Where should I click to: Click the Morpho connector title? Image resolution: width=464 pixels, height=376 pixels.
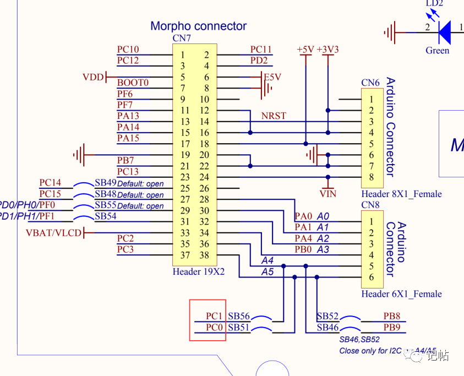(x=198, y=26)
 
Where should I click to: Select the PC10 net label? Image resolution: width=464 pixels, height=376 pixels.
(x=128, y=49)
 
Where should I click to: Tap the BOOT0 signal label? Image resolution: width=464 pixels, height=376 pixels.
(x=133, y=83)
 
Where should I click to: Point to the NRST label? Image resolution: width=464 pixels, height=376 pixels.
(x=274, y=116)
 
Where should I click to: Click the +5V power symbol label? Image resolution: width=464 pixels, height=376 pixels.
(x=305, y=49)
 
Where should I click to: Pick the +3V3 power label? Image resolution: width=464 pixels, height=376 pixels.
(x=327, y=49)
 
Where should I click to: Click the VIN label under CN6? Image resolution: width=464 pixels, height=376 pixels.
(x=328, y=194)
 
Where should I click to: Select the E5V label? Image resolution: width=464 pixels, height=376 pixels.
(x=272, y=77)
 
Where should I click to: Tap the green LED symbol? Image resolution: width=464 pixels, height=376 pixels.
(x=445, y=32)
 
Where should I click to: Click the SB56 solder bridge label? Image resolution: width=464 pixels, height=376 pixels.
(x=239, y=316)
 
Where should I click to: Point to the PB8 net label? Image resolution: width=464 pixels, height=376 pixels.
(x=392, y=316)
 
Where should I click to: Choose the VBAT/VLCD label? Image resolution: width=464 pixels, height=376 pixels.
(x=53, y=233)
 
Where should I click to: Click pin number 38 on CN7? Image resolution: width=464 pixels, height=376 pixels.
(x=204, y=255)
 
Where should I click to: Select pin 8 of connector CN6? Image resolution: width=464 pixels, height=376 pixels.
(x=372, y=177)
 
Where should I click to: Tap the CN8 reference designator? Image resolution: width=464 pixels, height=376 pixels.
(x=370, y=205)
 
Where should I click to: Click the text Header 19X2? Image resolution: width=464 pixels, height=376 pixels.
(x=199, y=271)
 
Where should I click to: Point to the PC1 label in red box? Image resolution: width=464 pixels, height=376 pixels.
(x=214, y=316)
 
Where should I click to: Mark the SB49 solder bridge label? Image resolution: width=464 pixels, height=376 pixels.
(x=106, y=183)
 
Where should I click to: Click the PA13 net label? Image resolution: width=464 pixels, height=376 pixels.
(x=128, y=116)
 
